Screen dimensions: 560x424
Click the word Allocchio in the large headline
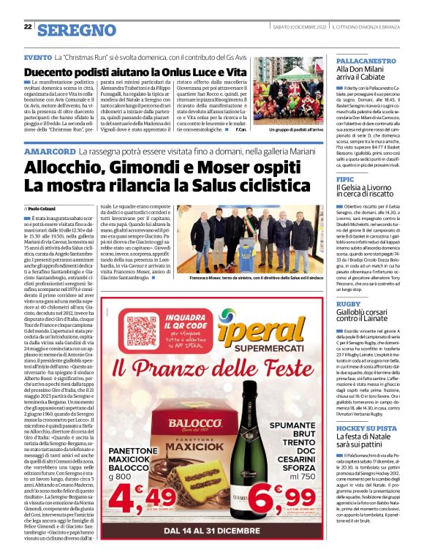(67, 167)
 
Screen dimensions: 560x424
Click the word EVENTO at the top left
(37, 56)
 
